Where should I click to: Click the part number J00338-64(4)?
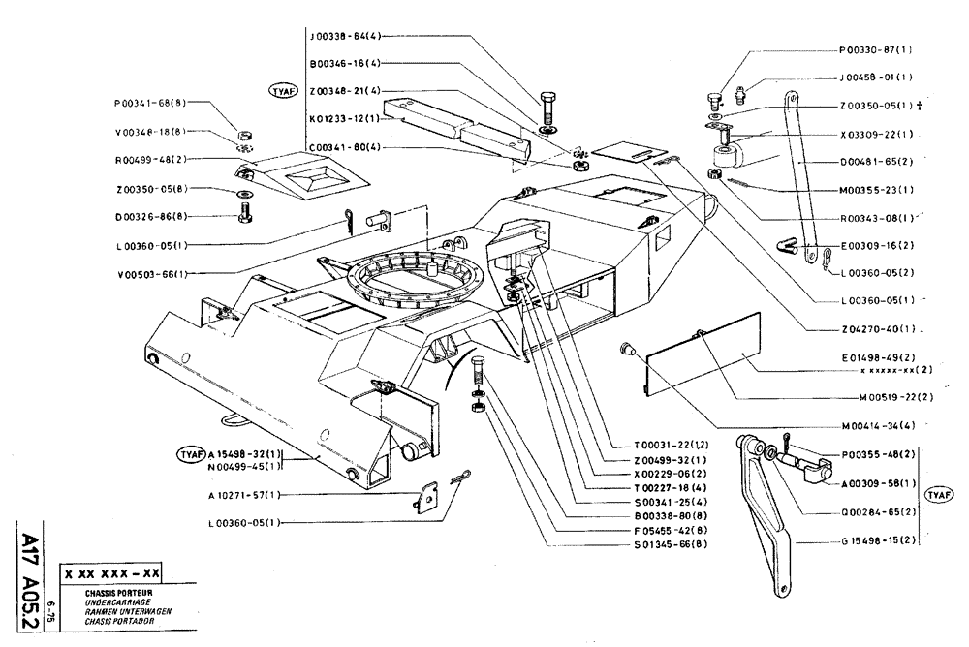coord(346,36)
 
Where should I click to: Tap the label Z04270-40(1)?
coord(877,328)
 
